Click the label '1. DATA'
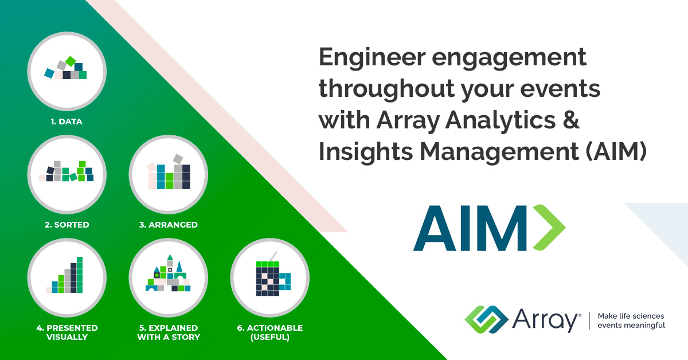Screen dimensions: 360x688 [67, 122]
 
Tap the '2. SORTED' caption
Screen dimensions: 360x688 [67, 225]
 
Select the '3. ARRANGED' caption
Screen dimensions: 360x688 [168, 225]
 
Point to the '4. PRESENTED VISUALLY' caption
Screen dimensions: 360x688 [67, 332]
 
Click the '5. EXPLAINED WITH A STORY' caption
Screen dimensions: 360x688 [169, 332]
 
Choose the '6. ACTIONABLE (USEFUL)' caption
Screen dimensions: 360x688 [269, 332]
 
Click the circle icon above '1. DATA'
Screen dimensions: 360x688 [67, 71]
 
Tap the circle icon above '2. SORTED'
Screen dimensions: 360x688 [67, 174]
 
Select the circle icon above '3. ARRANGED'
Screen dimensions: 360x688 [168, 174]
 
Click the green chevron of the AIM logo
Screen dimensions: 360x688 [549, 228]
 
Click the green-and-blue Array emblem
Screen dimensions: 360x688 [486, 318]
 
